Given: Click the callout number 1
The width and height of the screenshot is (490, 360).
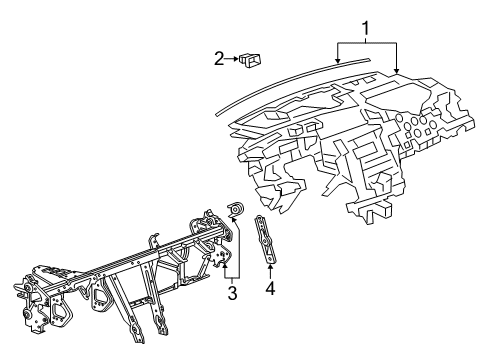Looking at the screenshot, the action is pos(366,29).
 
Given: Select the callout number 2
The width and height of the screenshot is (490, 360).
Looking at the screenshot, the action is pos(219,59).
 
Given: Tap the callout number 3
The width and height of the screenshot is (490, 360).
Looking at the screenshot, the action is pos(232,293).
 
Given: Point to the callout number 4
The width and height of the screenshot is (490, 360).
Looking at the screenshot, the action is pos(270,288).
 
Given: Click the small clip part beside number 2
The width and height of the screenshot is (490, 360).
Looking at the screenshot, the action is pos(250,60).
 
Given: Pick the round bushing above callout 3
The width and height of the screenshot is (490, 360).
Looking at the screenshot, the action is pos(236,209).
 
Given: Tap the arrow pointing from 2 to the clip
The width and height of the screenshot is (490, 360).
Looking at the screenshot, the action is pos(231,59).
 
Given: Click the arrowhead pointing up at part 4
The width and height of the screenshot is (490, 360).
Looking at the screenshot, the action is pos(270,266).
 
